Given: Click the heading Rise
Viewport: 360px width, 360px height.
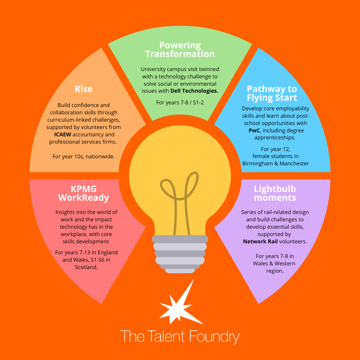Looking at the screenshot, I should click(84, 89).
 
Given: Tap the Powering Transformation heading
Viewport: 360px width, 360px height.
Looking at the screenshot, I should click(180, 50).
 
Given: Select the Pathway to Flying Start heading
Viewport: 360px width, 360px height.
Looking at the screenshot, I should click(272, 93).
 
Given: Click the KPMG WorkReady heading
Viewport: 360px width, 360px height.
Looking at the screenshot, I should click(84, 193).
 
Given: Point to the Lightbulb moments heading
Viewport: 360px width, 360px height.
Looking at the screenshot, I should click(275, 193).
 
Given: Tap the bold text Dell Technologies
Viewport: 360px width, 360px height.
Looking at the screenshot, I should click(194, 91).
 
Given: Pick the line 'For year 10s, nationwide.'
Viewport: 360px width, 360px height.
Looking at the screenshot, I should click(84, 156).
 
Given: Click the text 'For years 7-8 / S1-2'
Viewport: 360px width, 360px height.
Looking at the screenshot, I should click(180, 102).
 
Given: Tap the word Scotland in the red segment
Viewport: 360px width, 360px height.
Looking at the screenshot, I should click(86, 267).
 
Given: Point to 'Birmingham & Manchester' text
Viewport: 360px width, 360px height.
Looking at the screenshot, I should click(276, 163).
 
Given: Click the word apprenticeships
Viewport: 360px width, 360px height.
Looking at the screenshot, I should click(275, 137).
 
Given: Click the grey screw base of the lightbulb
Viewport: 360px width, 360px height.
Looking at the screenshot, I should click(180, 253).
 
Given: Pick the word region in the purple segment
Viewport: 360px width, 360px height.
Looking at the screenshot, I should click(275, 271).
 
